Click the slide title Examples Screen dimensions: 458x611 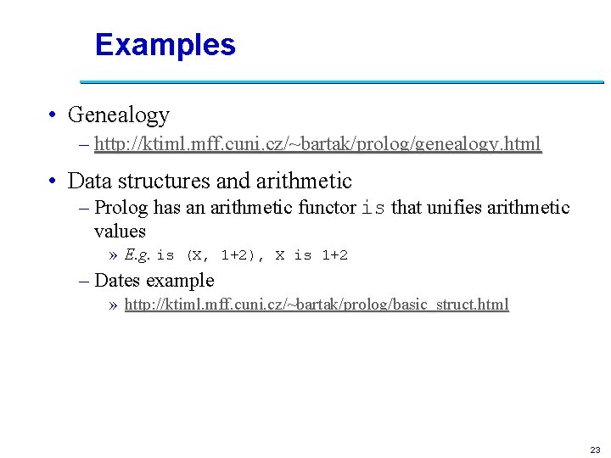pyautogui.click(x=165, y=45)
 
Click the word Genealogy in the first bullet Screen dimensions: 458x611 pyautogui.click(x=118, y=114)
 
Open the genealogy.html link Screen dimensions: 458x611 pyautogui.click(x=317, y=144)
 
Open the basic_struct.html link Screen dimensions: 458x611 pyautogui.click(x=317, y=304)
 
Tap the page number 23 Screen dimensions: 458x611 pyautogui.click(x=594, y=449)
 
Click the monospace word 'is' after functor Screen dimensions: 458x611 pyautogui.click(x=373, y=208)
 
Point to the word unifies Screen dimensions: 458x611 pyautogui.click(x=454, y=207)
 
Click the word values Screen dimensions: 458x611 pyautogui.click(x=120, y=231)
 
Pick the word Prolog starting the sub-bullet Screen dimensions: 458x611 pyautogui.click(x=121, y=207)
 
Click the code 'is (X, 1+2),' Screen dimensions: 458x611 pyautogui.click(x=211, y=255)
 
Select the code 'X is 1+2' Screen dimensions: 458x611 pyautogui.click(x=311, y=255)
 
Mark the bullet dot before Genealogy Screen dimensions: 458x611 pyautogui.click(x=53, y=115)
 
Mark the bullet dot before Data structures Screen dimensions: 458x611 pyautogui.click(x=53, y=182)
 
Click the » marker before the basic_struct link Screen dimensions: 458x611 pyautogui.click(x=114, y=305)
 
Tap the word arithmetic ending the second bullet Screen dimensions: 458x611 pyautogui.click(x=305, y=181)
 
